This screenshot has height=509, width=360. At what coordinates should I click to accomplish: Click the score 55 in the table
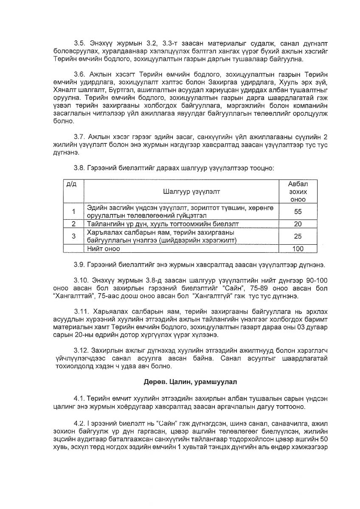pyautogui.click(x=298, y=211)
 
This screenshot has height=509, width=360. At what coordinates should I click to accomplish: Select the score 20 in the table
pyautogui.click(x=298, y=224)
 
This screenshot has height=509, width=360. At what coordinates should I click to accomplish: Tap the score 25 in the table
pyautogui.click(x=298, y=236)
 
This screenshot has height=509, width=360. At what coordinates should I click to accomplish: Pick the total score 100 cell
pyautogui.click(x=298, y=249)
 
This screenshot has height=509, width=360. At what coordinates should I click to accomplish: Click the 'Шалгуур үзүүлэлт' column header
pyautogui.click(x=185, y=191)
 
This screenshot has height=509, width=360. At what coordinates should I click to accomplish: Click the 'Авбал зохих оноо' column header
pyautogui.click(x=298, y=191)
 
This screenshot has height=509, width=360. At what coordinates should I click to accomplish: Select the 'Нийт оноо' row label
pyautogui.click(x=102, y=249)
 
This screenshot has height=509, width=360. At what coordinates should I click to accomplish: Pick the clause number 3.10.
pyautogui.click(x=81, y=280)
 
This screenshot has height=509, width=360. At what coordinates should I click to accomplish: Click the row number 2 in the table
pyautogui.click(x=73, y=224)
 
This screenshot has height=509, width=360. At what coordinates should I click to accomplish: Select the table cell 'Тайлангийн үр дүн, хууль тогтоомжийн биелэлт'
pyautogui.click(x=163, y=224)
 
